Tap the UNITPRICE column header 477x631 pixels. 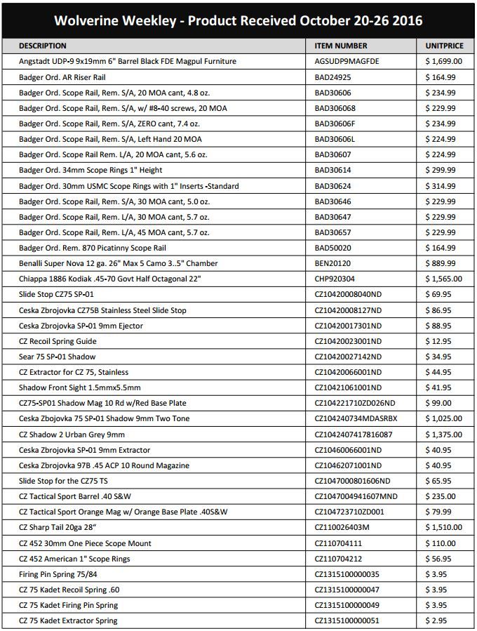pos(445,46)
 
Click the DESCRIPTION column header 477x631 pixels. pos(43,46)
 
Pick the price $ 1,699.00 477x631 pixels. pos(444,62)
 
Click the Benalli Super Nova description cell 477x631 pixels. pos(118,263)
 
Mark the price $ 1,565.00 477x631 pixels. pos(444,279)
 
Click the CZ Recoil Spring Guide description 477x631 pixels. pos(58,341)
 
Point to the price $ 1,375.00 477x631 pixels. pos(444,434)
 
